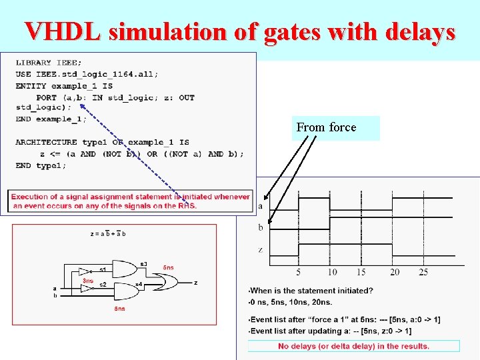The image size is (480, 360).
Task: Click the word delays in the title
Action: pos(417,31)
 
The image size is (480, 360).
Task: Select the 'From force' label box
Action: pos(335,127)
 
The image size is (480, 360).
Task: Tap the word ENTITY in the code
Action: pos(31,86)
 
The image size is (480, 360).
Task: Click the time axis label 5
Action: pos(298,272)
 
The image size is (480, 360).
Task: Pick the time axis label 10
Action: pos(332,272)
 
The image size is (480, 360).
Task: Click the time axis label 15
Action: pos(361,272)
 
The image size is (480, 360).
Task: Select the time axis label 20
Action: pos(395,272)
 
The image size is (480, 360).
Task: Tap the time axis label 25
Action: pos(423,272)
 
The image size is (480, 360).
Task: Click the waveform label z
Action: pos(260,250)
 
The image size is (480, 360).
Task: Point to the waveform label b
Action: pos(260,228)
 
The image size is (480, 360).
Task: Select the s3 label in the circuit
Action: pos(143,263)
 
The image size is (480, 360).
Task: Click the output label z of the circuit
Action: pos(195,283)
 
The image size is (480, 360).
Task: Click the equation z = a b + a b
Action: pos(108,234)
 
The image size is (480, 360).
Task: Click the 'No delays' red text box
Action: pos(353,346)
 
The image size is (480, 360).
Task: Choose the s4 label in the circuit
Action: pos(139,285)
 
